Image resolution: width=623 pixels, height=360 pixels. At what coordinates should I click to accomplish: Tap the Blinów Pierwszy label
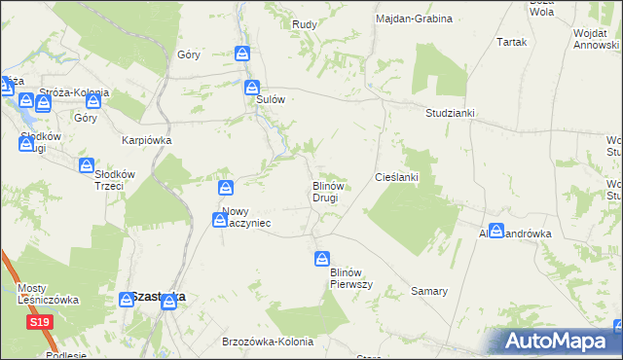[347, 277]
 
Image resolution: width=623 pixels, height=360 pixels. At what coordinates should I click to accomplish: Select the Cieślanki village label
[396, 177]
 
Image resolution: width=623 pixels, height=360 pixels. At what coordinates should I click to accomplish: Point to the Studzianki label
[450, 113]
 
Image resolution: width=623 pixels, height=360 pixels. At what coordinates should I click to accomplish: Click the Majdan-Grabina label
[418, 18]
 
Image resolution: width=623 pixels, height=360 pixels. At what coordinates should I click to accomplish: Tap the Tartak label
[511, 43]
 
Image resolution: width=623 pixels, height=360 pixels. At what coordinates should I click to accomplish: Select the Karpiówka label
[146, 140]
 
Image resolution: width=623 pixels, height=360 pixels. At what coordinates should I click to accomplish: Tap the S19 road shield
[39, 322]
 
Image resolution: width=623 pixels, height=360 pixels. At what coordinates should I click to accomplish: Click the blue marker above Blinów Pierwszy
[321, 259]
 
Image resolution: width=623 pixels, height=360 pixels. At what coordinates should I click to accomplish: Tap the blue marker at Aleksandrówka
[496, 231]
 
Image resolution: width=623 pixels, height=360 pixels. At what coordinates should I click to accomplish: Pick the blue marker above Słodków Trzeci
[88, 165]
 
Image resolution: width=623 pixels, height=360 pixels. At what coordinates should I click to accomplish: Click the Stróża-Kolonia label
[74, 93]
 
